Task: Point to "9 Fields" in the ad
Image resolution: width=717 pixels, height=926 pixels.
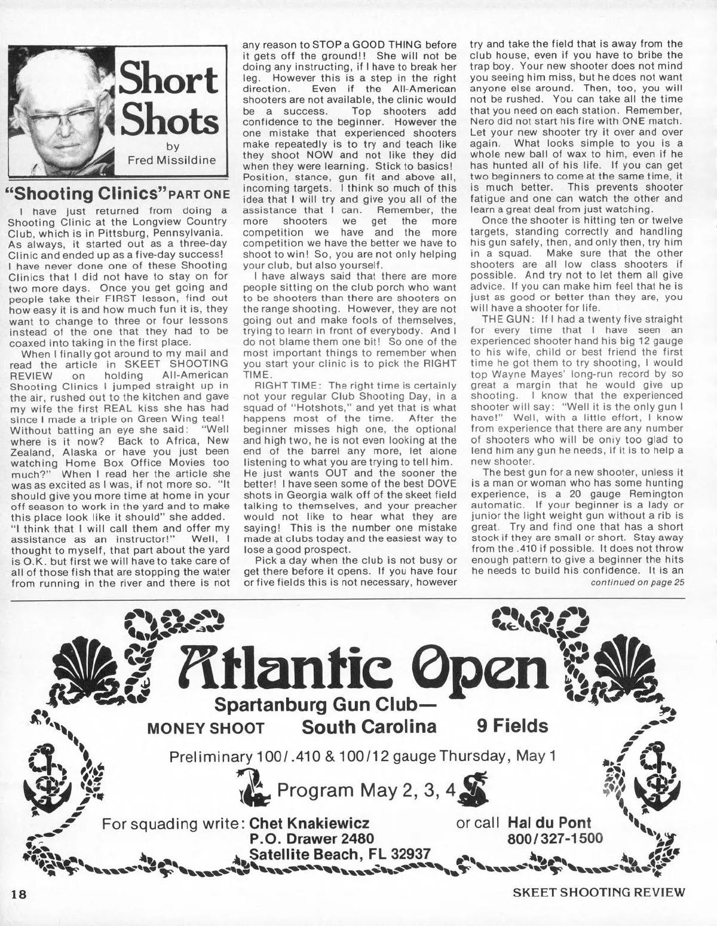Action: click(512, 726)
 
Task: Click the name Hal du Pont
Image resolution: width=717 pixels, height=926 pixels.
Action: click(549, 823)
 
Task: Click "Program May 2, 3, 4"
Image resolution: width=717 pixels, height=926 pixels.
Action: click(367, 790)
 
